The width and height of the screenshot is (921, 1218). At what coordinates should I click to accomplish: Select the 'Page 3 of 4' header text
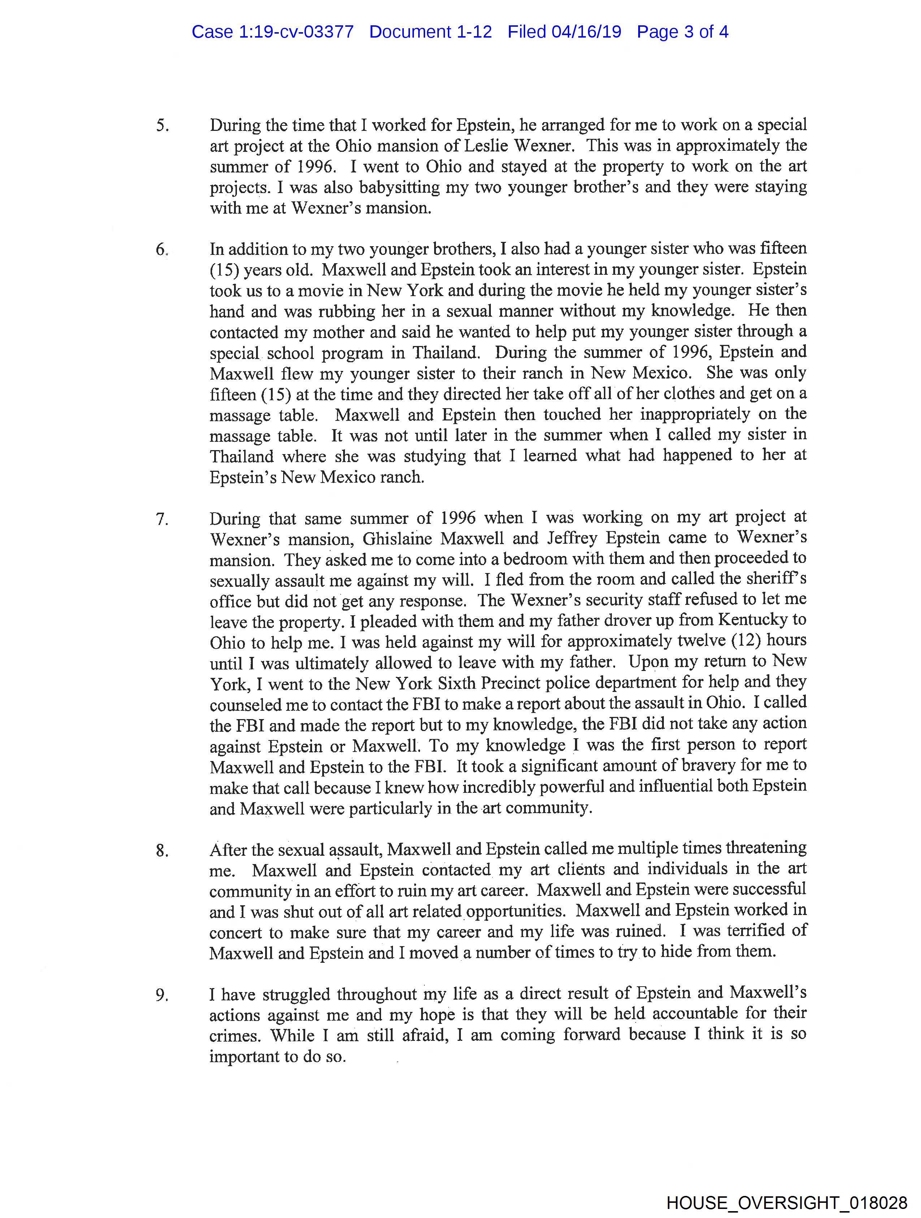click(682, 32)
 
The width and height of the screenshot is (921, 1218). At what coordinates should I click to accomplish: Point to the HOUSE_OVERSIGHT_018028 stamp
click(787, 1202)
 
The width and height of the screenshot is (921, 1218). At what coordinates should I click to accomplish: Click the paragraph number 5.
click(162, 126)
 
